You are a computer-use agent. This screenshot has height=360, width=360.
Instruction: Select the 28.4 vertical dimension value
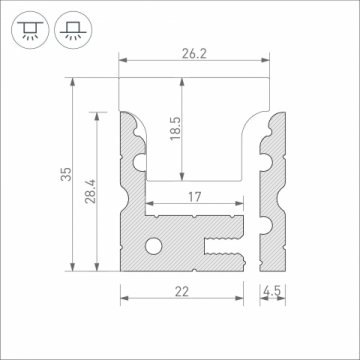point(87,189)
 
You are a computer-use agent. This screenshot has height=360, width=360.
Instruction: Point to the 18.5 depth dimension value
point(174,129)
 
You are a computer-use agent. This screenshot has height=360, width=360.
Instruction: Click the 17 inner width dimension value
point(196,198)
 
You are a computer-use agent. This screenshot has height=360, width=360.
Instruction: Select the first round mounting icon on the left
point(29,28)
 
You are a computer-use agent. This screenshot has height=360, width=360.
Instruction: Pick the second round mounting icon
point(70,28)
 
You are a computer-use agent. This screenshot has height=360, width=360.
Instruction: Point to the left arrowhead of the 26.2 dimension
point(124,62)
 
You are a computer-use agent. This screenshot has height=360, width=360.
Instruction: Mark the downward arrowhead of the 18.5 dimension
point(188,177)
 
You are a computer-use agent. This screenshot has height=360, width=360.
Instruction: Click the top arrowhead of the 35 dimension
point(72,86)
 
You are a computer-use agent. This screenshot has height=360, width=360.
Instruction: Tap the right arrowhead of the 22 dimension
point(242,296)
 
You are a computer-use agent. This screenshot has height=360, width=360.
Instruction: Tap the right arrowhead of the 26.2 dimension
point(273,62)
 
